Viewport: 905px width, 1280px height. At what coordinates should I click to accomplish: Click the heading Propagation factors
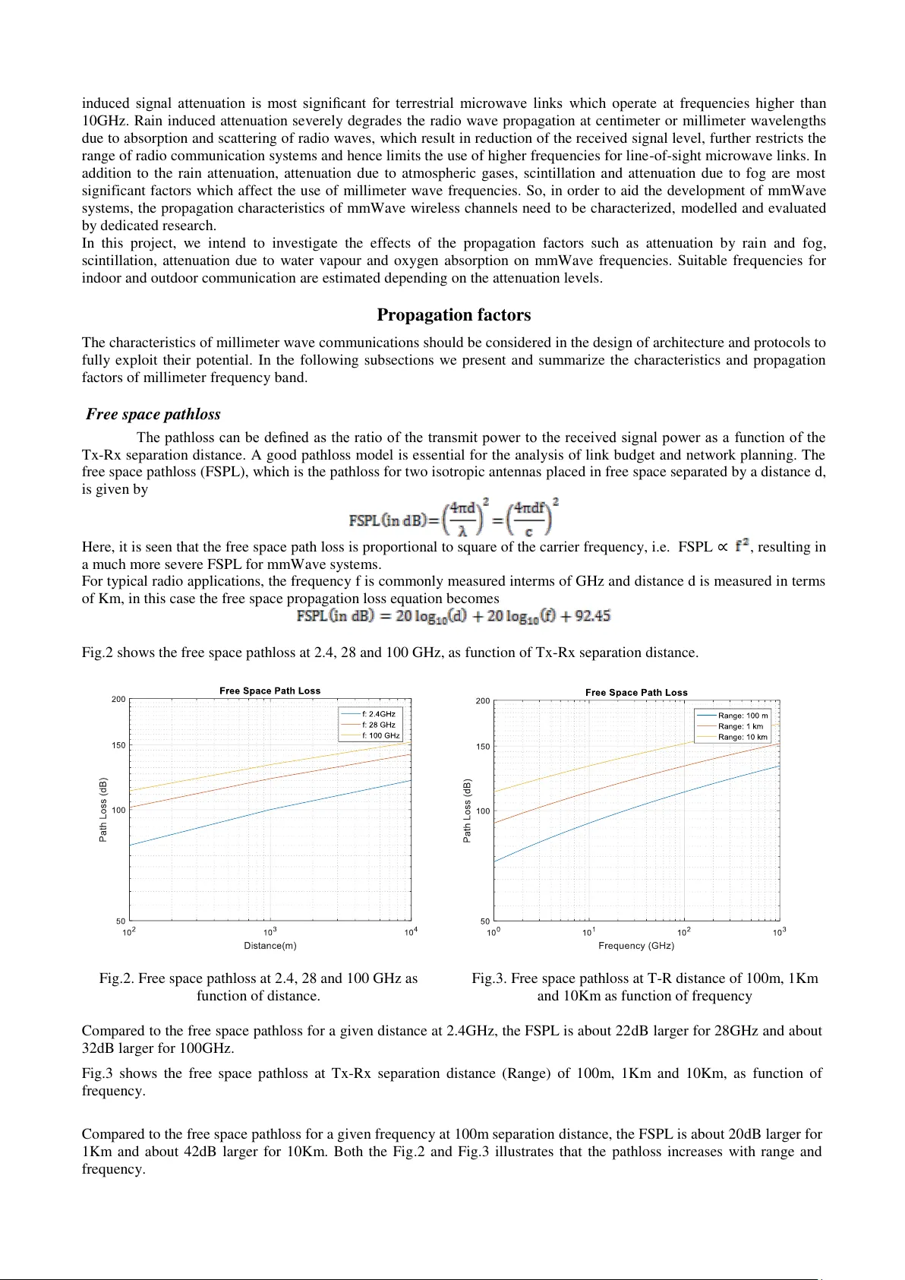(x=453, y=315)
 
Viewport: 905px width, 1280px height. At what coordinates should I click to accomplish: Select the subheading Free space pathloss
(x=153, y=414)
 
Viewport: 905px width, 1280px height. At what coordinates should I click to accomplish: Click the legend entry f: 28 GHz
(x=378, y=725)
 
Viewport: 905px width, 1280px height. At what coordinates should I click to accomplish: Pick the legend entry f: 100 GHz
(x=380, y=735)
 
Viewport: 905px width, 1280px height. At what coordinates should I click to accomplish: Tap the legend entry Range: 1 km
(x=740, y=726)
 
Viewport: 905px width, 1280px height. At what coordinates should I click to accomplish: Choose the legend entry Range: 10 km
(x=743, y=737)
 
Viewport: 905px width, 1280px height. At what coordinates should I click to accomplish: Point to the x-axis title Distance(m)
(x=270, y=946)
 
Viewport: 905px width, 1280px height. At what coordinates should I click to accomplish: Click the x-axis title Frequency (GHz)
(x=635, y=946)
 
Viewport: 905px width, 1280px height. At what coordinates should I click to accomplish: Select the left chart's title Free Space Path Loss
(x=270, y=691)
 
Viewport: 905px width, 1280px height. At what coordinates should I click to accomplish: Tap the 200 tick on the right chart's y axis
(x=483, y=701)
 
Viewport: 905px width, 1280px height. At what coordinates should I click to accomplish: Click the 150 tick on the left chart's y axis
(x=118, y=745)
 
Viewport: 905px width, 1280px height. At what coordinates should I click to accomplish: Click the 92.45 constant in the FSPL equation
(x=592, y=616)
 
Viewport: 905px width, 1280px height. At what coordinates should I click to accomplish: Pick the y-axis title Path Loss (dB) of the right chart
(x=467, y=810)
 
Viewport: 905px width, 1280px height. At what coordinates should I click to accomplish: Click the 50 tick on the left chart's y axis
(x=121, y=921)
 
